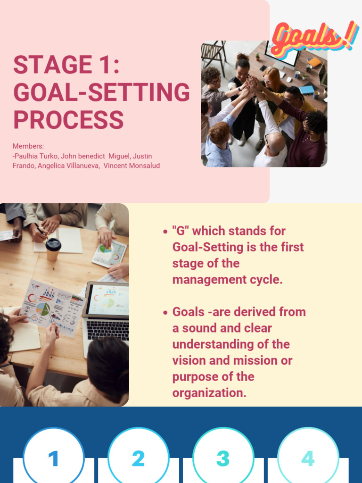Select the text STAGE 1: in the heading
tap(66, 65)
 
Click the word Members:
tap(28, 146)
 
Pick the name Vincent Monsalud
tap(132, 166)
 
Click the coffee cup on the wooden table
tap(53, 248)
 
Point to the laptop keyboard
tap(107, 329)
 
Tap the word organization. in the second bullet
tap(209, 393)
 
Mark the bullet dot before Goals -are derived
tap(165, 313)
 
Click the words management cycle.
tap(227, 280)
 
